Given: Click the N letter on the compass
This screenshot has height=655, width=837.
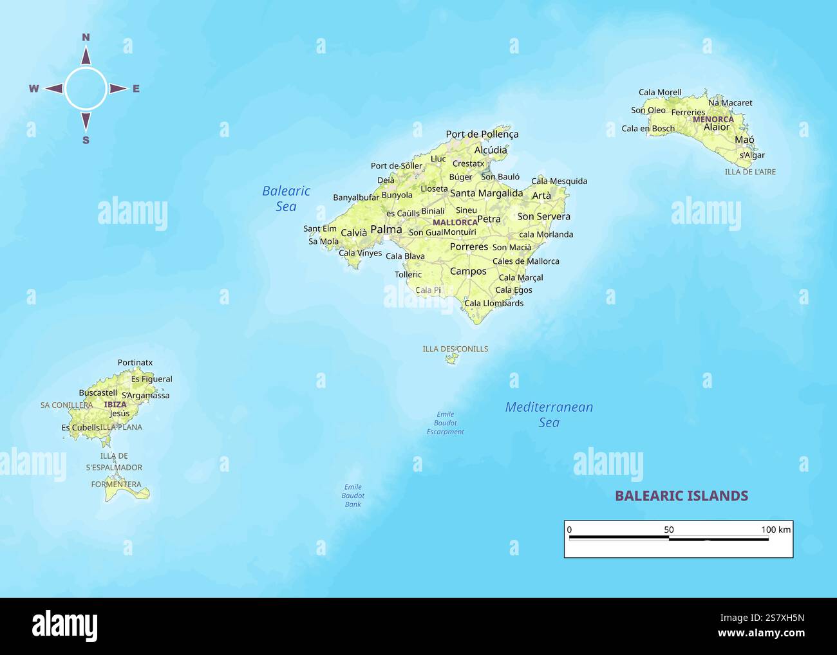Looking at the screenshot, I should click(86, 37).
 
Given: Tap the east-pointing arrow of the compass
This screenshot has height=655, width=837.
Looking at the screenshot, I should click(117, 89).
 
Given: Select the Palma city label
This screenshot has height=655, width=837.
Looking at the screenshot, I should click(386, 229).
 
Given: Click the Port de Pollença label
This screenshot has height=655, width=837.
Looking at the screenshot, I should click(482, 134).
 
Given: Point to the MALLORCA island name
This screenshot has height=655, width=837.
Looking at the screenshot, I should click(455, 223).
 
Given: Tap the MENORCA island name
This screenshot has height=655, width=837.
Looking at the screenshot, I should click(713, 119).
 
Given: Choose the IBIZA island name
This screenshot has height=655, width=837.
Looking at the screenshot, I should click(115, 405).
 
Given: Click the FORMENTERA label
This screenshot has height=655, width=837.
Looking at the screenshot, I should click(116, 484).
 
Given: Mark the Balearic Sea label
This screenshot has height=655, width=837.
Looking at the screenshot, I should click(286, 198).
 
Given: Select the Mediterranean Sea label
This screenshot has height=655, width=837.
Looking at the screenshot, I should click(549, 414).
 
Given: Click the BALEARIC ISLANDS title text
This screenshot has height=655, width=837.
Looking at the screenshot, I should click(681, 495).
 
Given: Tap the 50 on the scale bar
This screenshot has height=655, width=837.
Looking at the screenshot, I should click(669, 530).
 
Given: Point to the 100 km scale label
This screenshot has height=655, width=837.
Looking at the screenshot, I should click(776, 530).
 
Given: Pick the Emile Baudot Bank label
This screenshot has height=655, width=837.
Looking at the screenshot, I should click(353, 495).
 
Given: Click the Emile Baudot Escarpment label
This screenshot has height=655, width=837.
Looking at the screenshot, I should click(445, 423).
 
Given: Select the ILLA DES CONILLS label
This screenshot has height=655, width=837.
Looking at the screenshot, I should click(455, 349).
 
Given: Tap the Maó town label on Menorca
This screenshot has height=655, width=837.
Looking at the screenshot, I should click(744, 140).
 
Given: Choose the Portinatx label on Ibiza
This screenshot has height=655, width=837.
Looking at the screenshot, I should click(135, 363).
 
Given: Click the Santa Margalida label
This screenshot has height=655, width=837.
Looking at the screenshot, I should click(486, 193).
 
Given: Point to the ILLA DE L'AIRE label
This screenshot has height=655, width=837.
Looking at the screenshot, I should click(750, 172).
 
